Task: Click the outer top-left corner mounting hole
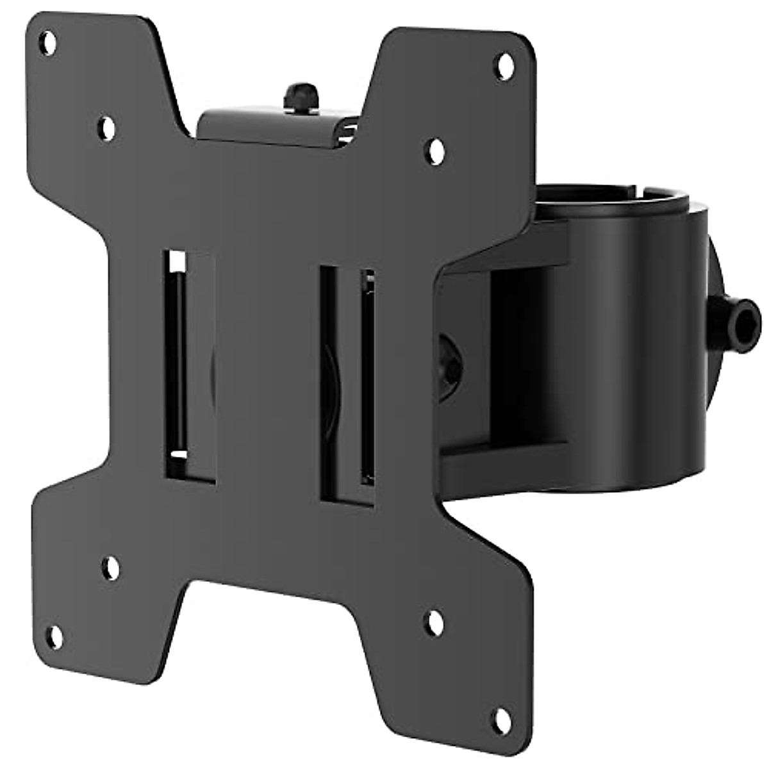point(47,43)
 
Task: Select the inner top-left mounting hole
point(107,127)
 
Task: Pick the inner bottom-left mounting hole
point(111,568)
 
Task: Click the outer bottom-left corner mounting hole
point(56,636)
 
